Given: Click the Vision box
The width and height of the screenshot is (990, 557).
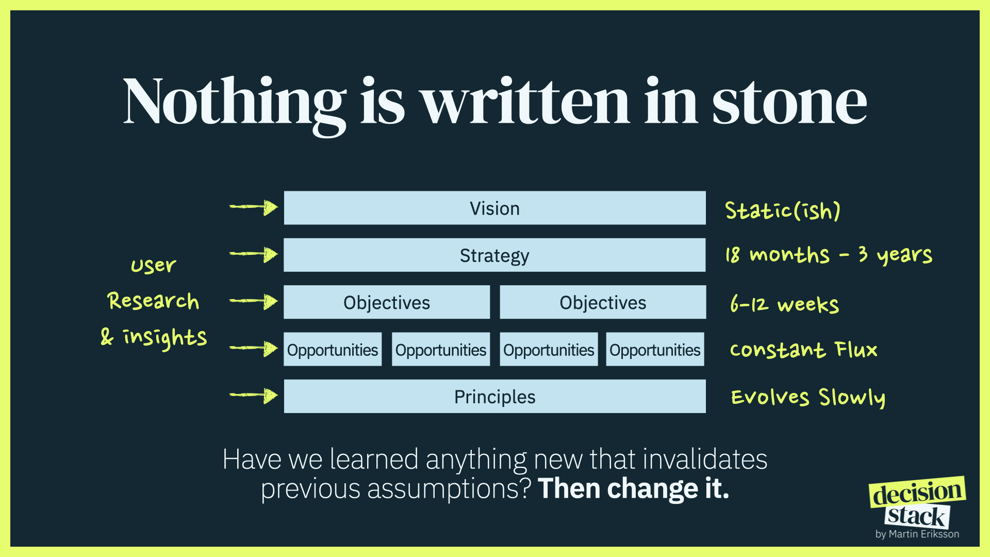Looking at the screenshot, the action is click(494, 208).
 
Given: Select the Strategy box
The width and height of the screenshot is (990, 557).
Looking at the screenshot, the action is click(494, 255).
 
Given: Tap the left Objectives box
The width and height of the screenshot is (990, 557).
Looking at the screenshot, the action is click(387, 302).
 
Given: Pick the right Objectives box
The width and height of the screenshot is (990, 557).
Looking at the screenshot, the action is click(603, 302).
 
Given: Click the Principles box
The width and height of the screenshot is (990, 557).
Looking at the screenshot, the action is click(494, 396).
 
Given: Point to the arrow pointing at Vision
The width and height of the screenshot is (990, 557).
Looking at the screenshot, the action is click(254, 207).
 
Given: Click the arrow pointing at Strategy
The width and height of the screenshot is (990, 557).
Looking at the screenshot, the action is click(254, 254).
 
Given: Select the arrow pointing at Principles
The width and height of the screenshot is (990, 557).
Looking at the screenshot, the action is click(254, 396).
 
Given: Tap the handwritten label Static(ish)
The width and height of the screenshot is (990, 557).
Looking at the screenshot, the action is click(783, 210).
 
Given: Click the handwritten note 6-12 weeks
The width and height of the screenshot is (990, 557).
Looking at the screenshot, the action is click(784, 304).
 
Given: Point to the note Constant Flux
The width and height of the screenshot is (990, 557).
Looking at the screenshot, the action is click(803, 350).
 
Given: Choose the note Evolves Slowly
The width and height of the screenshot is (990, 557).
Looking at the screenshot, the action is click(808, 398).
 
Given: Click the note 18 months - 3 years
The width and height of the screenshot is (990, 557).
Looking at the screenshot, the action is click(829, 255).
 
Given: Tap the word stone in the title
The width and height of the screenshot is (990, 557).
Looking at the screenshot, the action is click(789, 103).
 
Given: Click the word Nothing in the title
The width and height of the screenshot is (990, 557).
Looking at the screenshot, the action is click(235, 106).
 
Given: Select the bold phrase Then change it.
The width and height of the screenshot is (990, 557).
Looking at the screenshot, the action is click(633, 488).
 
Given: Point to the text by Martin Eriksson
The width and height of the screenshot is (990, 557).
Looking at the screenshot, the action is click(917, 534).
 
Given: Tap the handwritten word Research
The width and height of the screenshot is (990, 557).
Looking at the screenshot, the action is click(153, 301).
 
